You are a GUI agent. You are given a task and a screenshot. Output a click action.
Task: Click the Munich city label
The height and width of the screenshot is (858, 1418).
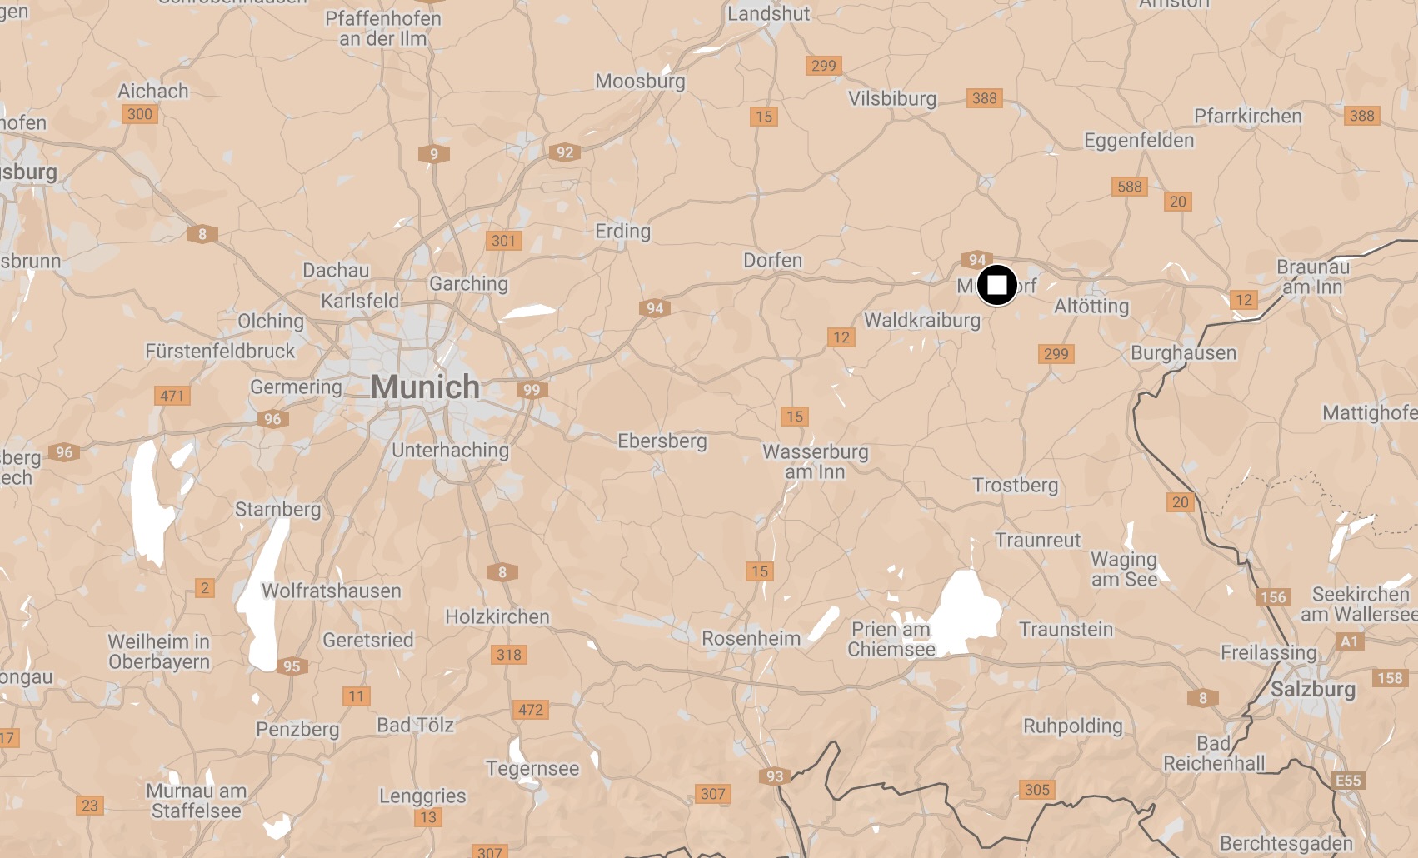[425, 387]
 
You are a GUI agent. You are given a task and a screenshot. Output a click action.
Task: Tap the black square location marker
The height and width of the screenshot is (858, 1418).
[996, 286]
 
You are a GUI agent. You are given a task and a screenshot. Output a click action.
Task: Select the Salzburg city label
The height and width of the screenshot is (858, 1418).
[1312, 690]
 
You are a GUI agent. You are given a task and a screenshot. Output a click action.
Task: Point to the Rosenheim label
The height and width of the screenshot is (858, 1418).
[751, 639]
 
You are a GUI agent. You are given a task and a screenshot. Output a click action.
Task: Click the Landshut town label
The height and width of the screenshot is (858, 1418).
[768, 13]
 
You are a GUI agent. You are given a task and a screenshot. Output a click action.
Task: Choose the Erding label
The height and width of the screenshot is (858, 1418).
[622, 231]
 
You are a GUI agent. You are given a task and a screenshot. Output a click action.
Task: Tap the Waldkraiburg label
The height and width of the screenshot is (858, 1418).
[921, 320]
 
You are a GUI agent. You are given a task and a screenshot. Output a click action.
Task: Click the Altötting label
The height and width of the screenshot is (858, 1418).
[1091, 307]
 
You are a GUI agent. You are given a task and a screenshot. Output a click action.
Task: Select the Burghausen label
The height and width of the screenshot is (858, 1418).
[1183, 353]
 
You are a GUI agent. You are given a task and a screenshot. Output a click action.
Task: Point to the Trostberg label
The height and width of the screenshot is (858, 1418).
[1015, 485]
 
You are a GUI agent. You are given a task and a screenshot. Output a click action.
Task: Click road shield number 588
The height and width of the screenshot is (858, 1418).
[1129, 187]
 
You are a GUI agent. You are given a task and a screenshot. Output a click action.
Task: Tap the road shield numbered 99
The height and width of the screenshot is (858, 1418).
[532, 389]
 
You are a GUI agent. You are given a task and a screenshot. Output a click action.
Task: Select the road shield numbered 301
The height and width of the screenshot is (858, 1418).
[503, 241]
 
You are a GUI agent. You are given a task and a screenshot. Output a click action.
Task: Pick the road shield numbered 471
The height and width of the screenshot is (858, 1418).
[172, 396]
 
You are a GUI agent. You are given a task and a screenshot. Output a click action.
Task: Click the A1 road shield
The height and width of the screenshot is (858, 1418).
[1349, 641]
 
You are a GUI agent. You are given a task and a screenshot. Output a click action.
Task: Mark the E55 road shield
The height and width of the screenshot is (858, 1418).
[1347, 781]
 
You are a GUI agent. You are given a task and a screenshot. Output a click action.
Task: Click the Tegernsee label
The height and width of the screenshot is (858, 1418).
[532, 768]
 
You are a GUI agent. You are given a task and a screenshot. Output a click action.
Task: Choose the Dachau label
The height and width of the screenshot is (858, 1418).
[336, 270]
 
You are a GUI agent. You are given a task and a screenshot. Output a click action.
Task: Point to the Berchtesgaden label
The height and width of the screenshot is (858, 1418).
[1286, 844]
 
